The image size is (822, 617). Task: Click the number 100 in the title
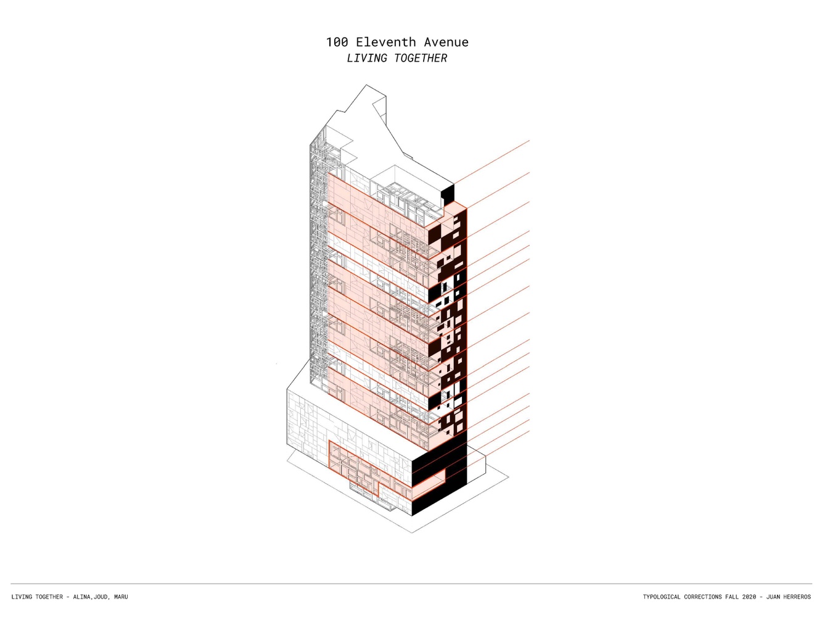click(337, 43)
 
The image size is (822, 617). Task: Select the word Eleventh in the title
click(386, 43)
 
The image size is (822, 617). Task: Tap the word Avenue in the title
click(446, 43)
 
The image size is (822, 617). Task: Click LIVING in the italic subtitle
click(367, 59)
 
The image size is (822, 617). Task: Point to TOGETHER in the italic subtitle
click(421, 59)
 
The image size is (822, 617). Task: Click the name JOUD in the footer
click(101, 597)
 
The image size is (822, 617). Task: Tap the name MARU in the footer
click(121, 597)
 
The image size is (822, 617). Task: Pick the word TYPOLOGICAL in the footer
click(662, 597)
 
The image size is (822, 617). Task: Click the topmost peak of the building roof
click(366, 85)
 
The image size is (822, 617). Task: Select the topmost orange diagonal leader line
click(491, 162)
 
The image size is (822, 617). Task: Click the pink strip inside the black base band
click(429, 485)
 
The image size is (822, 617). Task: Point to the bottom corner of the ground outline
click(412, 532)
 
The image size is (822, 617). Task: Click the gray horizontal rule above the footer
click(411, 584)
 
